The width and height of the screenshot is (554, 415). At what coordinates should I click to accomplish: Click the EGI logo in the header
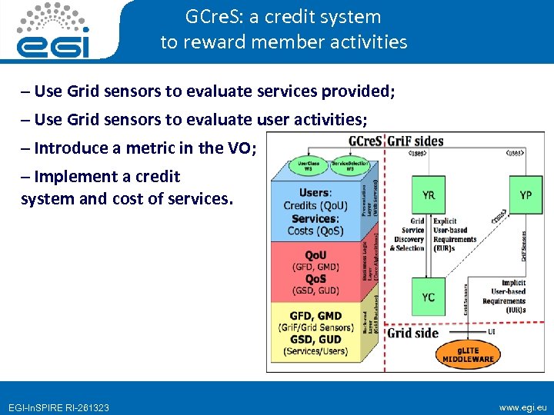(53, 32)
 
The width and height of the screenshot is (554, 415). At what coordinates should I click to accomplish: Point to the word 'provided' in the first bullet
(355, 91)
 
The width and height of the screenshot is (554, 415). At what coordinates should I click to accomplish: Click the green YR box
(428, 194)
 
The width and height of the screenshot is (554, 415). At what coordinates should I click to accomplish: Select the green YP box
(525, 194)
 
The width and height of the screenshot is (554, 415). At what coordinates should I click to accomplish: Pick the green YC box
(428, 297)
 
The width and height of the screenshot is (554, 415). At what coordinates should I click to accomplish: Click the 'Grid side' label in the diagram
(412, 333)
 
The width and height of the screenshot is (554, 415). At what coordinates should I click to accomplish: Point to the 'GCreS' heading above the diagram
(366, 141)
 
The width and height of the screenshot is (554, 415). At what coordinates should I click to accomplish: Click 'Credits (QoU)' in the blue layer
(315, 205)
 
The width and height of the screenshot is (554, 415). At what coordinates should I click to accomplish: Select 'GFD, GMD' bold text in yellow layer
(315, 316)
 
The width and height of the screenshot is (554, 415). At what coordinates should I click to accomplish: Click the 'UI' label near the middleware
(492, 331)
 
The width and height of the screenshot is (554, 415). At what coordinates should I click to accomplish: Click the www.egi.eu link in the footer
(523, 407)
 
